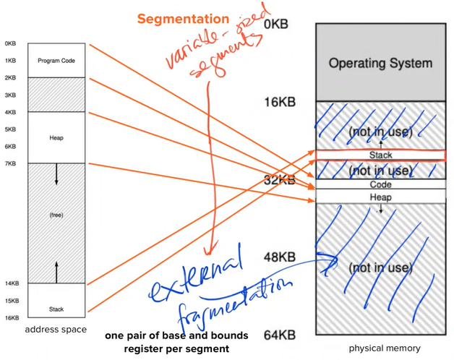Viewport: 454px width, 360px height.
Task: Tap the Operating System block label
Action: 380,63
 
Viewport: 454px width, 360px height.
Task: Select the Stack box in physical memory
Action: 380,155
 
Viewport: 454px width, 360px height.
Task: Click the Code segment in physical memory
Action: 380,184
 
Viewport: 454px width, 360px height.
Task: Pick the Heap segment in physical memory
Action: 380,197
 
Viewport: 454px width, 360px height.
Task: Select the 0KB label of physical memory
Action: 276,24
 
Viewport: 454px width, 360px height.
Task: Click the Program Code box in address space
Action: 56,61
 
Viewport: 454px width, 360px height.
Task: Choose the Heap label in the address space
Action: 56,137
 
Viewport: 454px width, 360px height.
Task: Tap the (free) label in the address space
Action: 56,214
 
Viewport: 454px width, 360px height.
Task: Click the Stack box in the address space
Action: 56,309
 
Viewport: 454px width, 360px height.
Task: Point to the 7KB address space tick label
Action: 10,163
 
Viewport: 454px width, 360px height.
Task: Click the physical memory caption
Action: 385,348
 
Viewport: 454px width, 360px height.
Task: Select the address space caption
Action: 56,330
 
